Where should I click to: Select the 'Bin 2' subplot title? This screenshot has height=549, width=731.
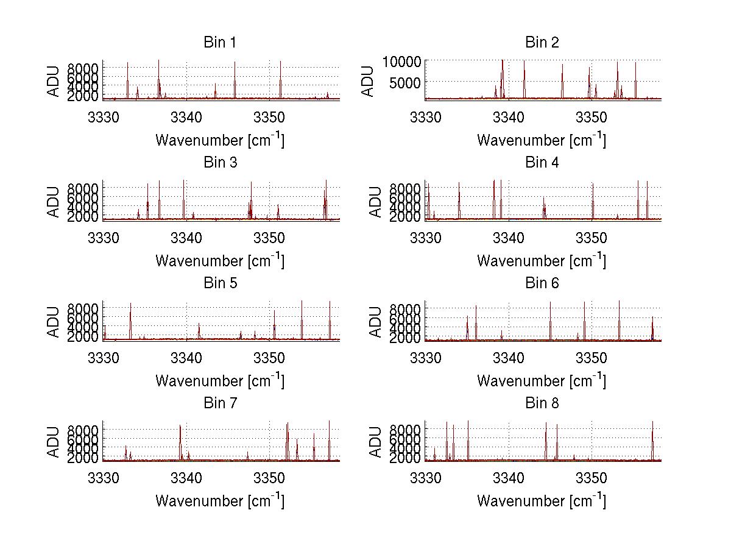point(542,43)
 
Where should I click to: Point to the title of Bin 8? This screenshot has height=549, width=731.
point(542,403)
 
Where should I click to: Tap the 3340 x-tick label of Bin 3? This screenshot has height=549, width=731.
point(186,236)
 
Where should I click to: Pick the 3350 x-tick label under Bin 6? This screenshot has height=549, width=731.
point(592,356)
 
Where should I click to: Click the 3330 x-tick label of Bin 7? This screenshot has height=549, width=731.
point(103,476)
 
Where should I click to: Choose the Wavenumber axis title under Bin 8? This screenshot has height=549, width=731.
point(542,501)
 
